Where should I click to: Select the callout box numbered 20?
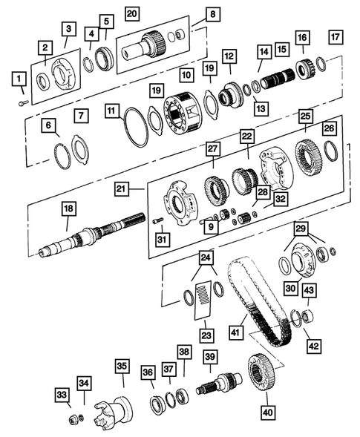131,14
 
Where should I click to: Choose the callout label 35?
122,366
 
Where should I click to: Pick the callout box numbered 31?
160,238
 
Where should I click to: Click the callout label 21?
122,191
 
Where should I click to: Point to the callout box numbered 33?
61,394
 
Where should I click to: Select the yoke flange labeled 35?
114,410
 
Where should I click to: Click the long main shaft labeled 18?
89,240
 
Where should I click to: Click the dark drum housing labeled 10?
182,111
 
